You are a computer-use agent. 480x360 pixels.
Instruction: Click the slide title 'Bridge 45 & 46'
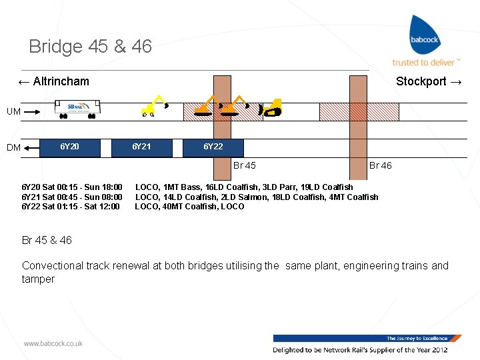point(90,47)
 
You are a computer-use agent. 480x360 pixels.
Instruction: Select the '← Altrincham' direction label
point(53,81)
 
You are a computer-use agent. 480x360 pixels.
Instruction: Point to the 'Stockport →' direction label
point(429,81)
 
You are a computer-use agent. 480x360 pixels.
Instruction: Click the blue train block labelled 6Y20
point(69,147)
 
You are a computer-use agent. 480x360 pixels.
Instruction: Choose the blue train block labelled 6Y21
point(141,147)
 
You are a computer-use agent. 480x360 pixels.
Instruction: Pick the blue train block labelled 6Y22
point(213,147)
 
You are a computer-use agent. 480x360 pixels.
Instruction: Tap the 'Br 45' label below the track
point(244,165)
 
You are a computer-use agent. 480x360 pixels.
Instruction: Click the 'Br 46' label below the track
point(381,165)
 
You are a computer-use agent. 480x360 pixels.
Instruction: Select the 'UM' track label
point(13,111)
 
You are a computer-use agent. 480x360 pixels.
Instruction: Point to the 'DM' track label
point(13,147)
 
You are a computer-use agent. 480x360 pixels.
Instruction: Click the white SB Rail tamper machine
point(79,109)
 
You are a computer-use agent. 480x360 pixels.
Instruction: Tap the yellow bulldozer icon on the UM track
point(271,108)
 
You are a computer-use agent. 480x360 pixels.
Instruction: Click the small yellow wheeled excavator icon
point(154,106)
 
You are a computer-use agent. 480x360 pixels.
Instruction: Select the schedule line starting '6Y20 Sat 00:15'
point(72,187)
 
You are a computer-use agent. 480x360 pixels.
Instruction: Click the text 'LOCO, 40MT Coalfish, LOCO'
point(189,206)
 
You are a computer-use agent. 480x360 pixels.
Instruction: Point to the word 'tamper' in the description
point(38,279)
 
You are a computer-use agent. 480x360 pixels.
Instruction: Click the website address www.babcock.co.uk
point(53,343)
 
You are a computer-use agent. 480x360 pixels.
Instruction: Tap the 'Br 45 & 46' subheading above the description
point(47,240)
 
